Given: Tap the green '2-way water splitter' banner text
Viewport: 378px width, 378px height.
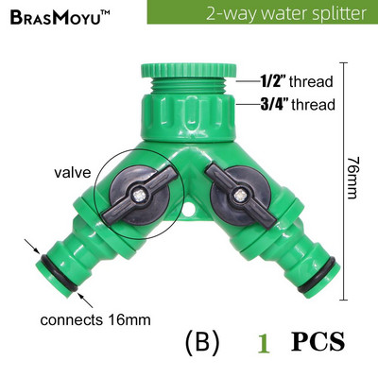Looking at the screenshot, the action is [x=286, y=13].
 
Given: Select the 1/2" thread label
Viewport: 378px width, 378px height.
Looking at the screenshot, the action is [x=297, y=81].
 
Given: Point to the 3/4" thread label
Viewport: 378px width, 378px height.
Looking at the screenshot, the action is [x=298, y=104].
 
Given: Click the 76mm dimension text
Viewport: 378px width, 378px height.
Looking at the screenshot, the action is [x=352, y=178].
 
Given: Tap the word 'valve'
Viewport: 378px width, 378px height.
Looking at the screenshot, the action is [x=73, y=172].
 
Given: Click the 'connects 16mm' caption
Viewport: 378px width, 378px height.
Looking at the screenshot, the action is [x=95, y=320].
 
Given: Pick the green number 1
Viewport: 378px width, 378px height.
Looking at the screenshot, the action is [x=264, y=344].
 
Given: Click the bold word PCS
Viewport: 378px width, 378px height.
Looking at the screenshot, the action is [x=318, y=341].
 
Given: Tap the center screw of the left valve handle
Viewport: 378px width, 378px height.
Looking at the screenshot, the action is [x=139, y=197].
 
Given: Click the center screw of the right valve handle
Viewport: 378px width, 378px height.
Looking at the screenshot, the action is [x=240, y=196].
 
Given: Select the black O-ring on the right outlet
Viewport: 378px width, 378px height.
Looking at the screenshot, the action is [x=318, y=274].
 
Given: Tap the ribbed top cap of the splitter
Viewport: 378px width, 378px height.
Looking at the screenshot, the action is [x=188, y=70].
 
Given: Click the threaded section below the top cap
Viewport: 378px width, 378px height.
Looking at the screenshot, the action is [x=188, y=86].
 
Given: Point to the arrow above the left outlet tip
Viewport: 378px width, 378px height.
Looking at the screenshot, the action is [x=32, y=247].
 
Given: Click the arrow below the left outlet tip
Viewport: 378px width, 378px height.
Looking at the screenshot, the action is [x=85, y=300].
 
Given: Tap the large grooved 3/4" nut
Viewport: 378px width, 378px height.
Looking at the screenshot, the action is [x=188, y=117].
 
